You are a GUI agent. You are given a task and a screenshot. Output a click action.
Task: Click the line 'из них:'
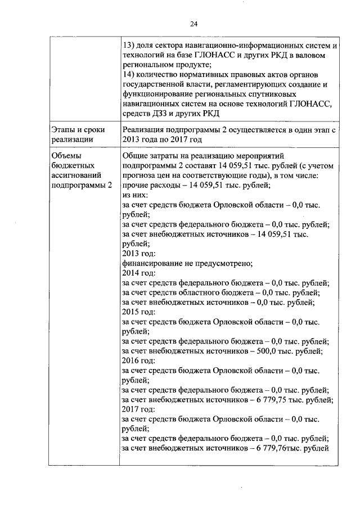point(133,195)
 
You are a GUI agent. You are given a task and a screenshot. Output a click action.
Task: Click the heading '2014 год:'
point(138,273)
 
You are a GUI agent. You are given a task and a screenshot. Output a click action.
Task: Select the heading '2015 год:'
point(138,312)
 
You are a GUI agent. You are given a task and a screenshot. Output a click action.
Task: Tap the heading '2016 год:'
point(138,361)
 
